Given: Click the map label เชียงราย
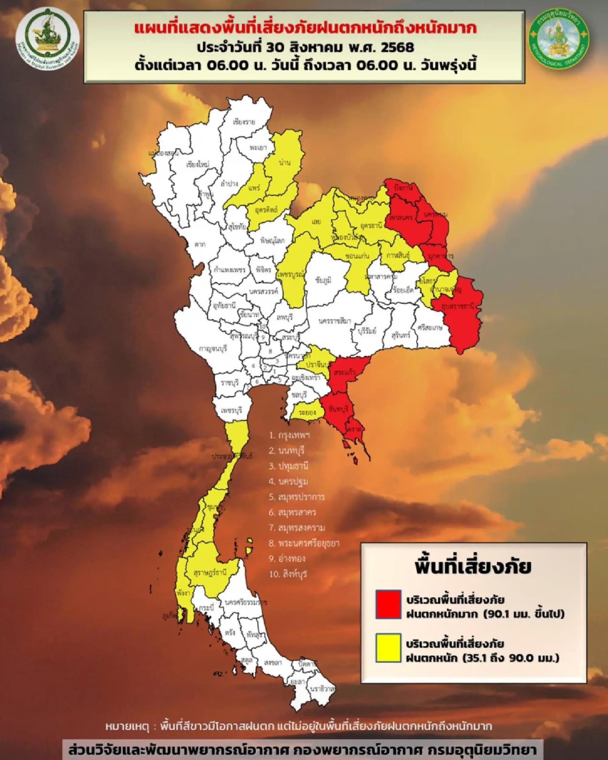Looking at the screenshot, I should coord(244,122).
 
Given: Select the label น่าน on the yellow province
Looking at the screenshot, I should coord(284,163).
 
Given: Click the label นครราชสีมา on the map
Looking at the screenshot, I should coord(334,321).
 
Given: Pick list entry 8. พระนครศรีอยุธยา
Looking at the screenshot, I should coord(304,543).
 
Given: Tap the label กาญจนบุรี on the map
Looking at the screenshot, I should coord(213,348).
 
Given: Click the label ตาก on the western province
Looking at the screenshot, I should coord(200,244).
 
